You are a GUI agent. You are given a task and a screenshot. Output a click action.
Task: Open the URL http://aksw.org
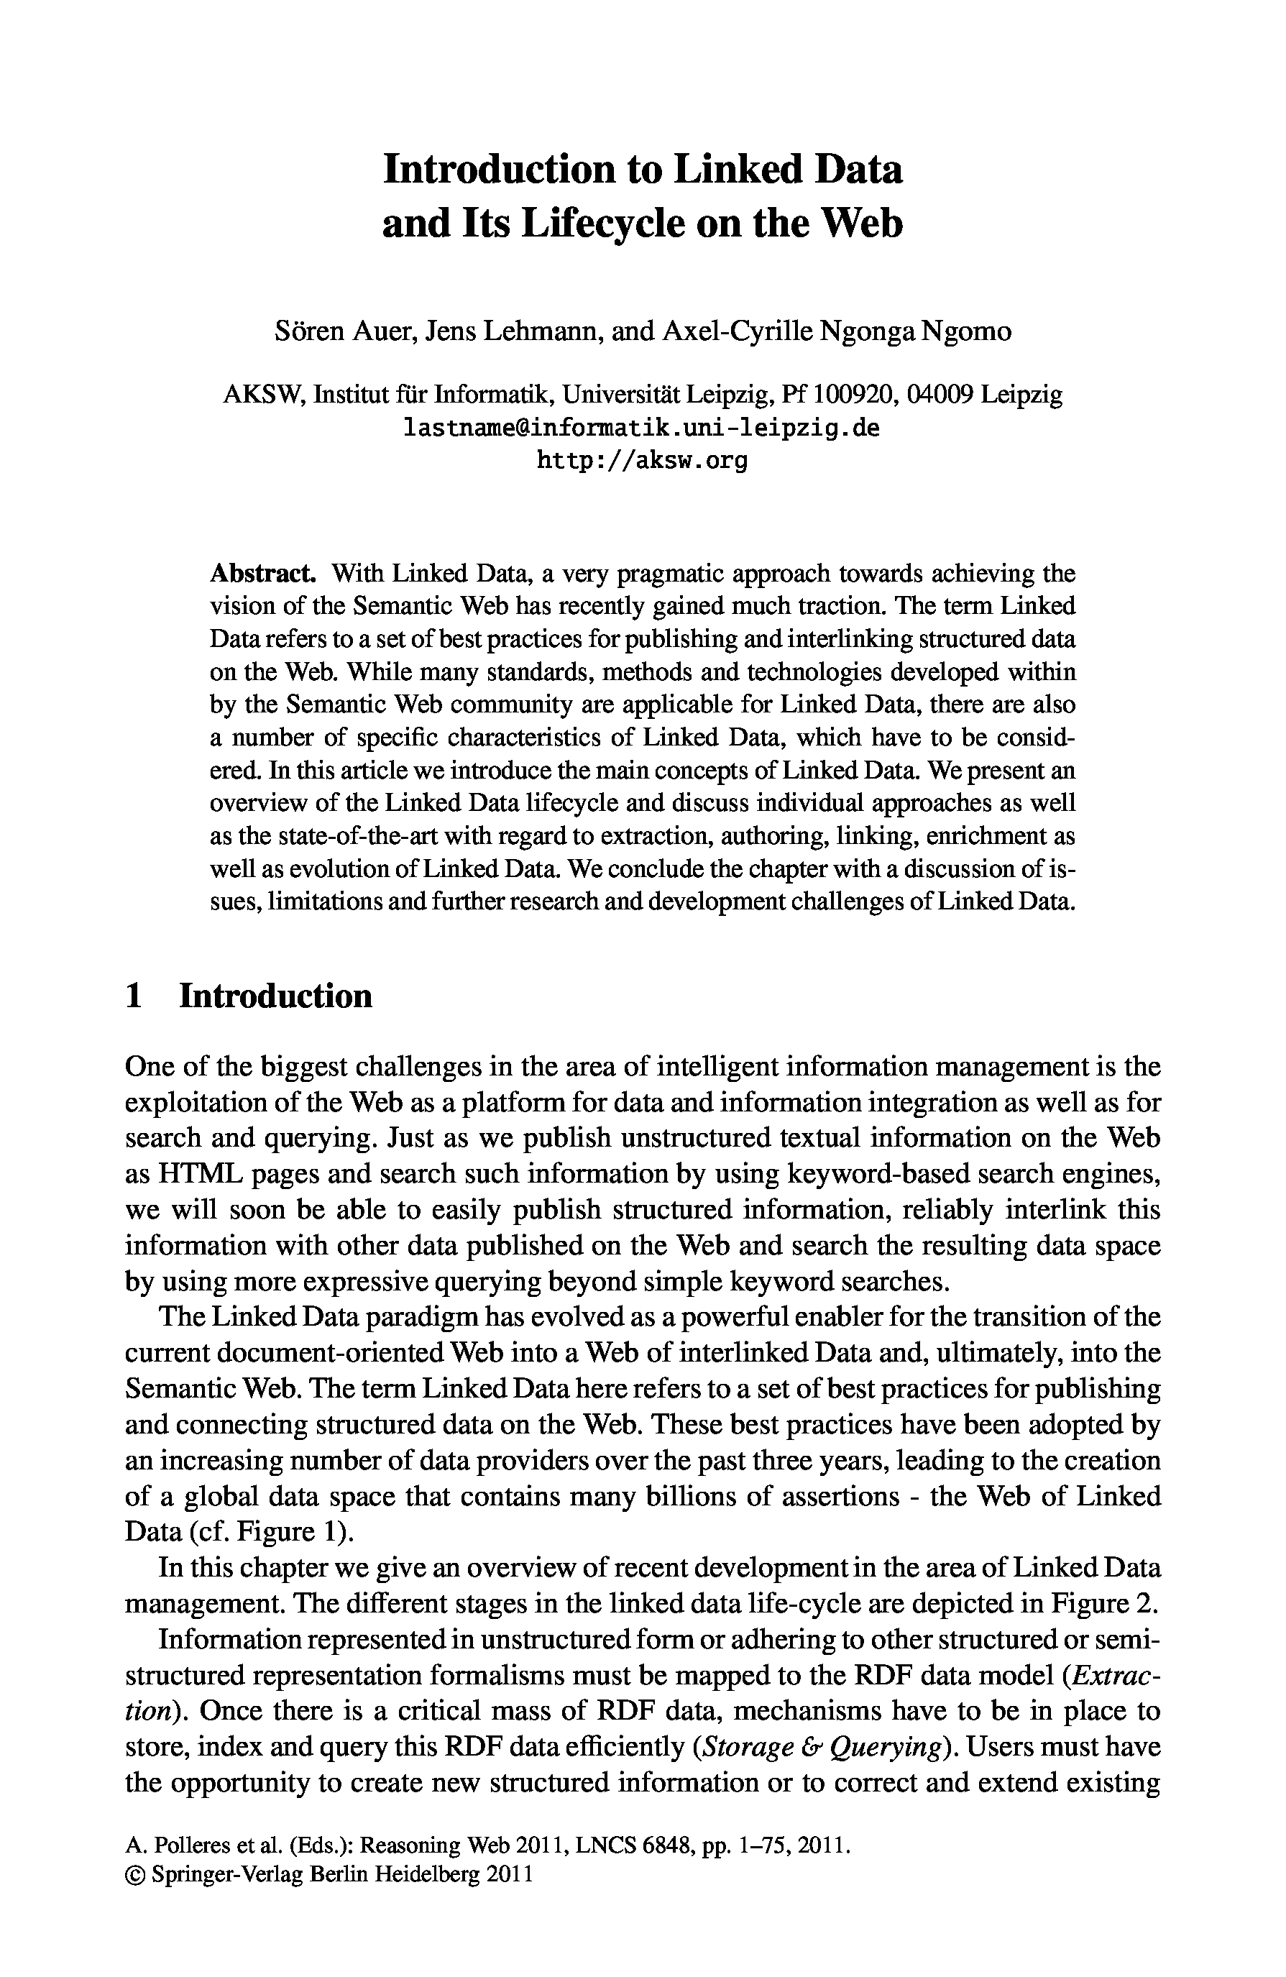[x=641, y=459]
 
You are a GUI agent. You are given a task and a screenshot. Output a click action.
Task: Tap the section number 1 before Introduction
[x=134, y=995]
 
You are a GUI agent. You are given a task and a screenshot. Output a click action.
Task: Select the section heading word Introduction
[x=276, y=995]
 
